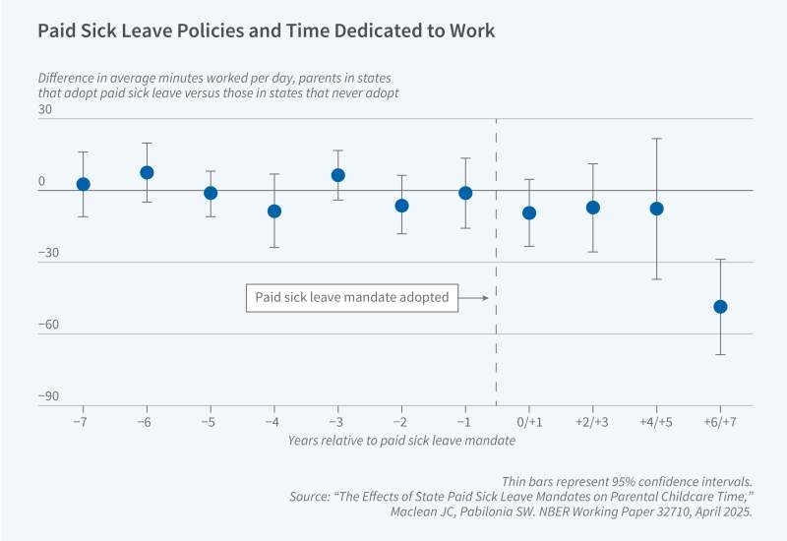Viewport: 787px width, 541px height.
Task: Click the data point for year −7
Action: [84, 184]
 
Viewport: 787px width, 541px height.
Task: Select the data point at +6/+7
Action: [720, 306]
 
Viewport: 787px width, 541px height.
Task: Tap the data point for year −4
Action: [274, 210]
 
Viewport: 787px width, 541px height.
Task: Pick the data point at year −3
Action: [338, 175]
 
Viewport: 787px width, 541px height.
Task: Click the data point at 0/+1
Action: [529, 212]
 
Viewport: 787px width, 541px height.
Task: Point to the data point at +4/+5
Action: [657, 209]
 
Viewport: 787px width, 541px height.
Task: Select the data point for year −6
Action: [148, 172]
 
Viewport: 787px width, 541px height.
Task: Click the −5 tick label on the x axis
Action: [211, 420]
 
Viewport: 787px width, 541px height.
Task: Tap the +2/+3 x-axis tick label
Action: [593, 420]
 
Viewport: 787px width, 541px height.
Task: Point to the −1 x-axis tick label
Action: [465, 420]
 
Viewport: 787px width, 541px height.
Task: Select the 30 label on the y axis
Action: [45, 110]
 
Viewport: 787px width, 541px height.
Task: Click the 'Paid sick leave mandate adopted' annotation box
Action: [352, 297]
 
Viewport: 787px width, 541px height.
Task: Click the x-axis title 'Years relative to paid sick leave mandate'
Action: [401, 441]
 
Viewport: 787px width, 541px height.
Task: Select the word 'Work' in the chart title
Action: [471, 30]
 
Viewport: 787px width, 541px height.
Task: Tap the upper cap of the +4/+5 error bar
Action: [657, 139]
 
